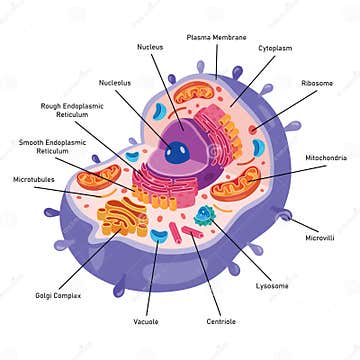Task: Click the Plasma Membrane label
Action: [x=216, y=37]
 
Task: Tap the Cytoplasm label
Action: [x=277, y=47]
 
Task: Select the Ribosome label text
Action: [x=318, y=83]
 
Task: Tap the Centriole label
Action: [x=221, y=321]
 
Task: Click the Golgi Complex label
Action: [x=58, y=296]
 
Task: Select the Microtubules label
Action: [x=36, y=179]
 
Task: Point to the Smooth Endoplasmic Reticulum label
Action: [x=44, y=146]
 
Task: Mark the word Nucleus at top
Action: [x=151, y=46]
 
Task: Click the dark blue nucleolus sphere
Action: [x=178, y=153]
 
